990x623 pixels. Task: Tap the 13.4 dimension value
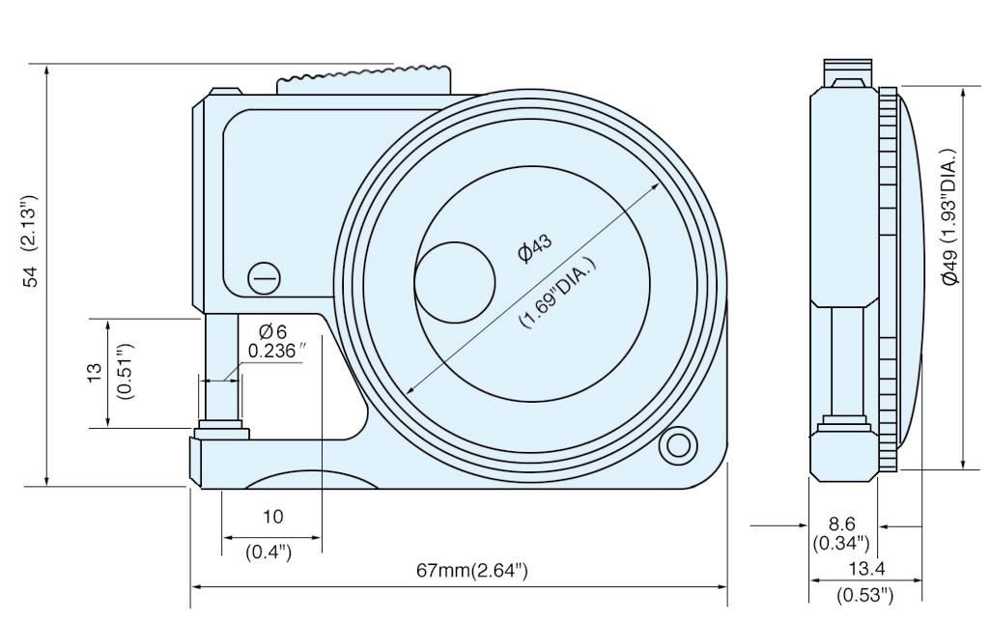pos(863,569)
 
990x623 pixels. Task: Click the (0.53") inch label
pos(863,595)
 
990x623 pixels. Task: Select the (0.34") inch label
pos(841,544)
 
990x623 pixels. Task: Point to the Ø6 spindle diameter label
pos(273,332)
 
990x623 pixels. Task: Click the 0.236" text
pos(277,352)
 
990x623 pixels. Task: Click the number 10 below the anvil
pos(273,516)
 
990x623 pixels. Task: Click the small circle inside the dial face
pos(455,281)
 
